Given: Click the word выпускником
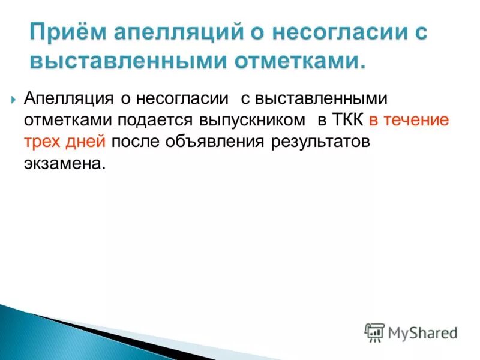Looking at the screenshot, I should click(251, 120).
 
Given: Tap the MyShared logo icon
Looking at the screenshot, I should click(374, 332).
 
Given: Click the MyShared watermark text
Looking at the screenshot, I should click(422, 332).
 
